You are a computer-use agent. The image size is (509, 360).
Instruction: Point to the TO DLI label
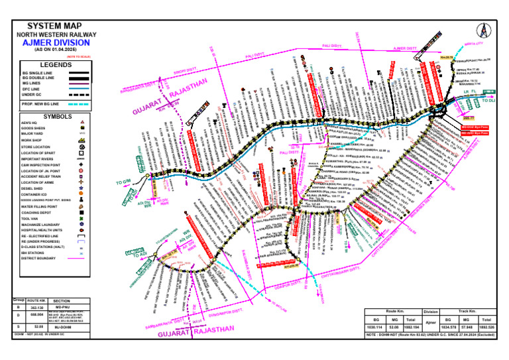click(488, 100)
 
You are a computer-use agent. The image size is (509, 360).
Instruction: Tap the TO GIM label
click(124, 182)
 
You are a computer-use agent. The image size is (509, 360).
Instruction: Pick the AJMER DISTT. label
click(406, 48)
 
